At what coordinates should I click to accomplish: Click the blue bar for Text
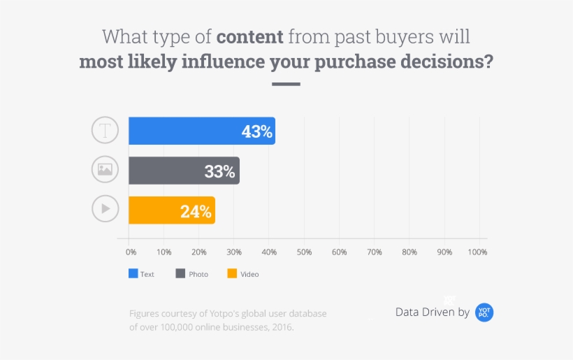(x=201, y=131)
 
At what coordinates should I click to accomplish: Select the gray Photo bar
(x=184, y=171)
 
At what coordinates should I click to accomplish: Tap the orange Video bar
(x=171, y=210)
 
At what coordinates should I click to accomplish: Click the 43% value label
(x=256, y=131)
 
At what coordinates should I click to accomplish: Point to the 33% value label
(x=219, y=171)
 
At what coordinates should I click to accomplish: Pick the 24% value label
(x=196, y=211)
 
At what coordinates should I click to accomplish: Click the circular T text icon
(x=106, y=131)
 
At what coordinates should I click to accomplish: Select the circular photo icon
(x=106, y=169)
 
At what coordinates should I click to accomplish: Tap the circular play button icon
(x=106, y=208)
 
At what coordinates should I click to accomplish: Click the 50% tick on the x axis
(x=304, y=252)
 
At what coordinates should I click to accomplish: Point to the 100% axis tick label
(x=478, y=252)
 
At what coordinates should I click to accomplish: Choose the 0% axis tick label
(x=131, y=252)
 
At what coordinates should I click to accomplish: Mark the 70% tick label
(x=374, y=252)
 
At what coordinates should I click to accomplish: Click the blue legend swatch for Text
(x=133, y=273)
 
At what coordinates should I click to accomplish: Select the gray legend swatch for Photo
(x=180, y=273)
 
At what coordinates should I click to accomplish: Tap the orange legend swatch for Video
(x=232, y=273)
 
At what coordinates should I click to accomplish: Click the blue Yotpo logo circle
(x=484, y=312)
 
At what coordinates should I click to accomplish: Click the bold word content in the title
(x=249, y=36)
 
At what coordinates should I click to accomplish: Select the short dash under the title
(x=286, y=84)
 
